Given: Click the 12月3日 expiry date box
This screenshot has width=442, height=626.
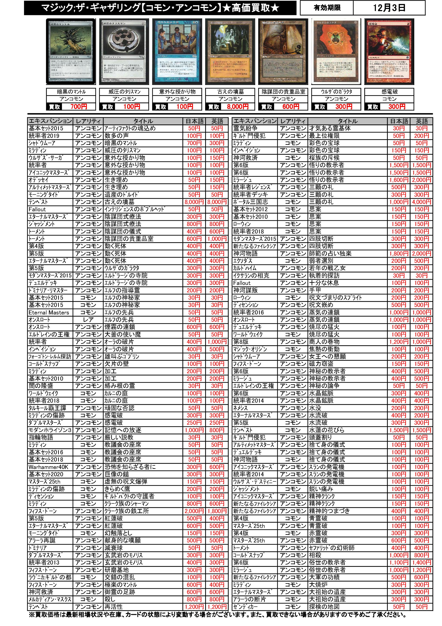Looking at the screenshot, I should (389, 8).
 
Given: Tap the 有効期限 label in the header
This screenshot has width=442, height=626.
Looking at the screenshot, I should (327, 8).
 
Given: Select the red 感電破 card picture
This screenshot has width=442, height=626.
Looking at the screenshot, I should (389, 52).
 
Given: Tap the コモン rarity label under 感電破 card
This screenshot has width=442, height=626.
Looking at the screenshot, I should (389, 99).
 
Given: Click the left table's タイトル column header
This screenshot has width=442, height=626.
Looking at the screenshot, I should (143, 121).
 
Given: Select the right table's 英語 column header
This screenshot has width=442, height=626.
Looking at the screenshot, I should (421, 121).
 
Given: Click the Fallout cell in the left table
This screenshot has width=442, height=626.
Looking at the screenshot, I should (37, 209).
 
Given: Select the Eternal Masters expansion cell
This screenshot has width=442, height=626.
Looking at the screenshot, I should (49, 312).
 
